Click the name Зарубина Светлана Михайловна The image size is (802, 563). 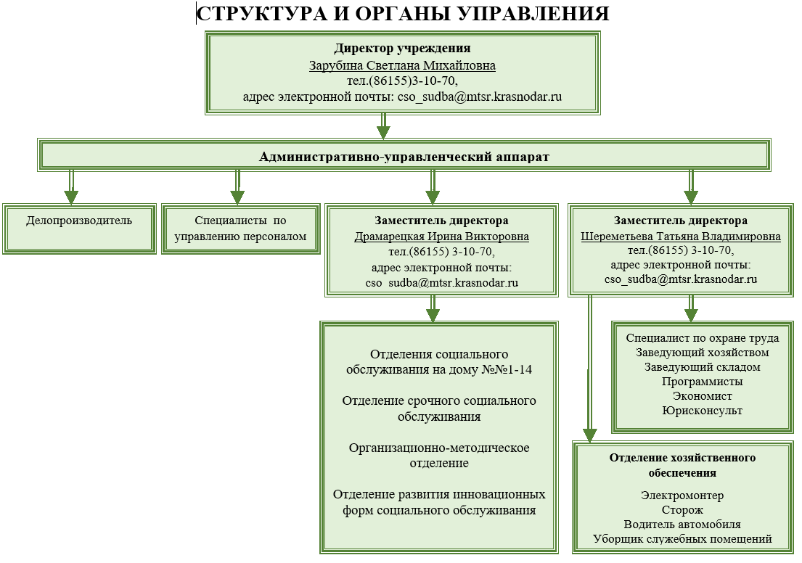click(403, 65)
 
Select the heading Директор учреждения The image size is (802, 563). click(403, 49)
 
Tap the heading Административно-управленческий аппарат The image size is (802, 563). click(404, 156)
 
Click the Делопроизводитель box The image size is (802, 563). click(79, 220)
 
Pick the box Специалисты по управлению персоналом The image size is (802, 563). click(240, 228)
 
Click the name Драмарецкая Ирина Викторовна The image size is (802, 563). click(441, 237)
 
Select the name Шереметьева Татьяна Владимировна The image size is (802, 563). click(681, 237)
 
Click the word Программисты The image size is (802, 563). click(702, 382)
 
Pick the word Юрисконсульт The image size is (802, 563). click(702, 411)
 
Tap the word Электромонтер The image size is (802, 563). click(682, 496)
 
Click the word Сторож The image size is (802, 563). click(682, 510)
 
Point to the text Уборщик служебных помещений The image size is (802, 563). click(682, 539)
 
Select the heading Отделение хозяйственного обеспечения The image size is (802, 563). click(682, 465)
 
